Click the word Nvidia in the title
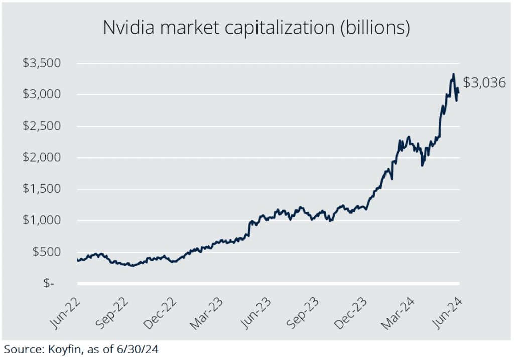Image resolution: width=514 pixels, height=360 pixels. [x=128, y=27]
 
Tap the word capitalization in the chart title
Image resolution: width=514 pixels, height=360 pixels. [x=280, y=28]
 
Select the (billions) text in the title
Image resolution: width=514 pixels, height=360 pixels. [x=375, y=28]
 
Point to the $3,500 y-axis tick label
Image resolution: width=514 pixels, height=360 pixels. [x=42, y=63]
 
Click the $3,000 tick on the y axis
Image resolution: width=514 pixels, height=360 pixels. [x=42, y=94]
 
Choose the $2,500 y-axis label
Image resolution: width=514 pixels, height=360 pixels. [x=42, y=126]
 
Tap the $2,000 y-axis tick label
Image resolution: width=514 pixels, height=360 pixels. [x=42, y=157]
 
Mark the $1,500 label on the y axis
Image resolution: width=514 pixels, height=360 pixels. [x=42, y=189]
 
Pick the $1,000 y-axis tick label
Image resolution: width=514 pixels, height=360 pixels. [x=42, y=220]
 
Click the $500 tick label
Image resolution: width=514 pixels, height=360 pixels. [x=47, y=252]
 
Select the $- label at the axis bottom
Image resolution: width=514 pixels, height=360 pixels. [x=49, y=283]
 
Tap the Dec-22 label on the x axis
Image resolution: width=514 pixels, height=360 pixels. [x=161, y=313]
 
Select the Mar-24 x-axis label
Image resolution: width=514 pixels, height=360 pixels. [x=398, y=313]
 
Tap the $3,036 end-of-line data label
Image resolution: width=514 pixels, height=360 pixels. [x=484, y=83]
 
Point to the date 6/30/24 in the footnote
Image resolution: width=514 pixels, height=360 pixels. [x=138, y=349]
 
